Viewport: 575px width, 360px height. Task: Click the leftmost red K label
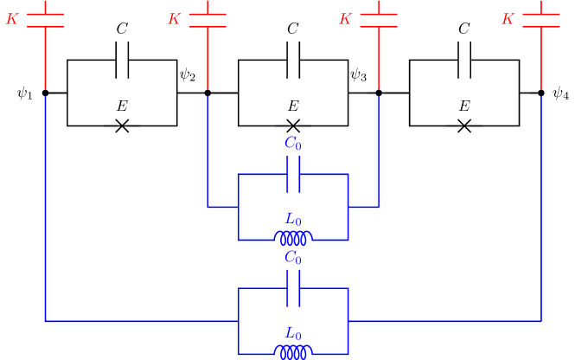[12, 19]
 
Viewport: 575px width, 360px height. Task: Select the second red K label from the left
[174, 19]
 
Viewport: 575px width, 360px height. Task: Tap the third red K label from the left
[345, 19]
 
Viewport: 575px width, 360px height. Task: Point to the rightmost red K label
[508, 19]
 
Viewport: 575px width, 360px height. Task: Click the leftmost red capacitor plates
[45, 20]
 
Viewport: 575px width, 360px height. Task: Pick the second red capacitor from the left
[208, 20]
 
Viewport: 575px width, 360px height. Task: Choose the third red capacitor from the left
[379, 20]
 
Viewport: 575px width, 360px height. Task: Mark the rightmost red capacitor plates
[541, 20]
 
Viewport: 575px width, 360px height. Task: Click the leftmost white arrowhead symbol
[122, 136]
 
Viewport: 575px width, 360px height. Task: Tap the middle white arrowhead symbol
[293, 136]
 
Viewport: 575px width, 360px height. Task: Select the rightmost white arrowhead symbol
[464, 136]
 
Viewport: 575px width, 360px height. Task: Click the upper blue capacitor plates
[293, 174]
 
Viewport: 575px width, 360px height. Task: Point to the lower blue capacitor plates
[293, 288]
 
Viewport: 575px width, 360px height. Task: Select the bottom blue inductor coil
[293, 351]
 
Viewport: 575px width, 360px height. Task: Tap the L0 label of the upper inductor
[293, 220]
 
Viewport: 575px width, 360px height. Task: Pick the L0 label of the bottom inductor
[293, 333]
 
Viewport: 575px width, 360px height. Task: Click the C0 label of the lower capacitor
[293, 258]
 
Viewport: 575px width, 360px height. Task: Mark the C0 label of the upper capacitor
[293, 145]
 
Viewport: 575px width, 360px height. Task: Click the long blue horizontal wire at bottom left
[138, 321]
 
